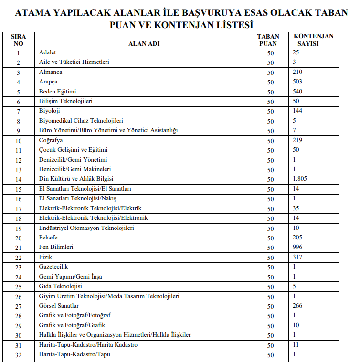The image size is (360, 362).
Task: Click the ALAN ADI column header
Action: pos(144,43)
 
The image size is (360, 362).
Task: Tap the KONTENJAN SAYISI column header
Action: pos(314,40)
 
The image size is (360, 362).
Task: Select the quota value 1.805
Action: pos(300,179)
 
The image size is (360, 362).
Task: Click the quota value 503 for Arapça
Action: pos(297,82)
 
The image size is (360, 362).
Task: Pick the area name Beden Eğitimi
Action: pos(58,92)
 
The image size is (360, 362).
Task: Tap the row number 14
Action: pos(18,180)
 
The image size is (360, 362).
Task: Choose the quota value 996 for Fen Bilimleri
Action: pos(297,247)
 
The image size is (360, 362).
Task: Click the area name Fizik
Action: pos(45,257)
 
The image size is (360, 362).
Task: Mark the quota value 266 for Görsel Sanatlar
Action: pos(297,306)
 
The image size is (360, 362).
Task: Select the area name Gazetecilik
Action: pos(53,267)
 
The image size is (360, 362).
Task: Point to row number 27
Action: pos(18,306)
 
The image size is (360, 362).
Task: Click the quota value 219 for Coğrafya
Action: pos(297,140)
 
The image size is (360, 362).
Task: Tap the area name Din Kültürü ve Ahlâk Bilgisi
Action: pos(76,179)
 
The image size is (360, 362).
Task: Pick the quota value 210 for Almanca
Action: pos(297,72)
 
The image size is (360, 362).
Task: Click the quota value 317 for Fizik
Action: pos(297,257)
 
